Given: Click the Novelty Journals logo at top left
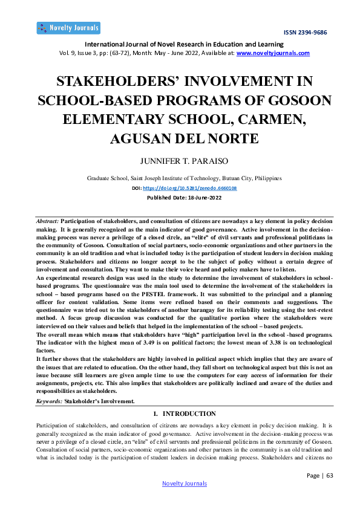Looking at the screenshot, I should [x=68, y=28].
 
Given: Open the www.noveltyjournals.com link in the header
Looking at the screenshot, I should [x=273, y=53].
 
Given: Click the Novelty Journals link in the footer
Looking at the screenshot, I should [x=184, y=484].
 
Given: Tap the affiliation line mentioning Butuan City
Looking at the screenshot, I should [x=184, y=179].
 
